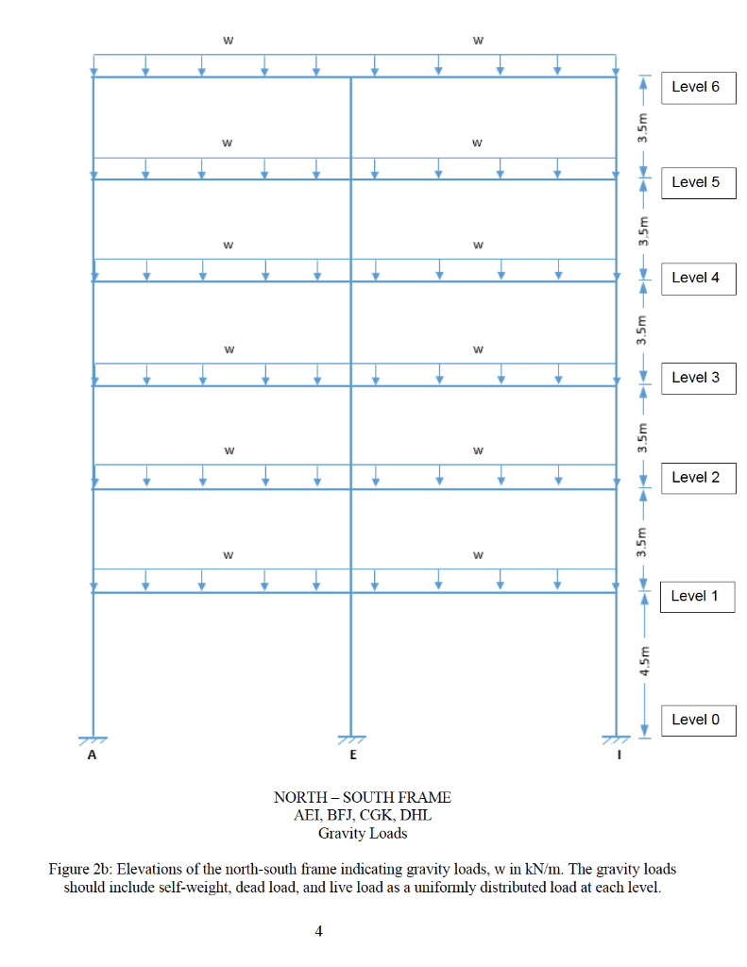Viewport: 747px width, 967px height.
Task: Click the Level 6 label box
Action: [698, 88]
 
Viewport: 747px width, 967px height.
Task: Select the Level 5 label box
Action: [698, 183]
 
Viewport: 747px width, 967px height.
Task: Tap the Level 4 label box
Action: [698, 279]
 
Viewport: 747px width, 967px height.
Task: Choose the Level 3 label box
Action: [698, 378]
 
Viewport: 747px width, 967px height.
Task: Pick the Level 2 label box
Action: [698, 478]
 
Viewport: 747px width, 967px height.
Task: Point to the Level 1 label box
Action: [697, 597]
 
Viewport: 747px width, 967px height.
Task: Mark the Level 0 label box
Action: [698, 721]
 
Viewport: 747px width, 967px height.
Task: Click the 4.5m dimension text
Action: [643, 660]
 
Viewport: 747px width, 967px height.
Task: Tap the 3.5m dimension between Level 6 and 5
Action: [643, 127]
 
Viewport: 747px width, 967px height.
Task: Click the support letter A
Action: [92, 755]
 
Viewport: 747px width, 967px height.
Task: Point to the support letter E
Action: [353, 755]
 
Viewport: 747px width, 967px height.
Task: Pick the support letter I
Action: [619, 755]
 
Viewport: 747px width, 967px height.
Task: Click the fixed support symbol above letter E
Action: [351, 739]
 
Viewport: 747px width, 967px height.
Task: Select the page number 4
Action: [318, 930]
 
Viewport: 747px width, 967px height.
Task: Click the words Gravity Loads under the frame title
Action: [363, 833]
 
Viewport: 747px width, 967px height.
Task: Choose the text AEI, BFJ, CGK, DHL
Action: [363, 815]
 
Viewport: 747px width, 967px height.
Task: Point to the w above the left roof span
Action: [229, 41]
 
